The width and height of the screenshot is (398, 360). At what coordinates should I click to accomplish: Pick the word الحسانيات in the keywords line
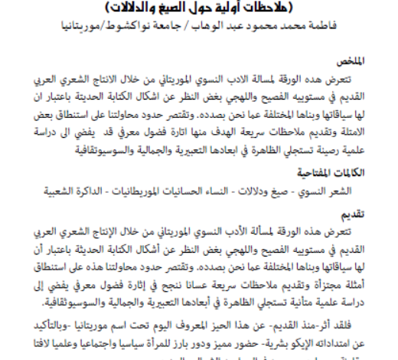tap(214, 188)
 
